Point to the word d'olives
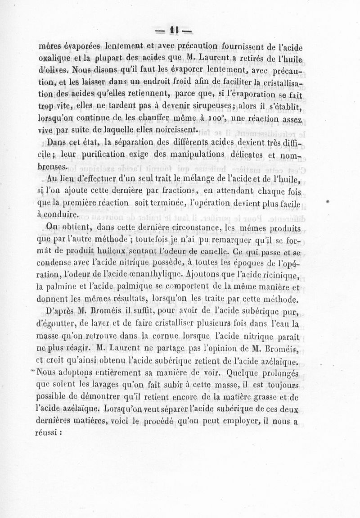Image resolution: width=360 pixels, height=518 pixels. [53, 70]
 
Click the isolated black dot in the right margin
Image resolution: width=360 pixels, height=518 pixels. [331, 198]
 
